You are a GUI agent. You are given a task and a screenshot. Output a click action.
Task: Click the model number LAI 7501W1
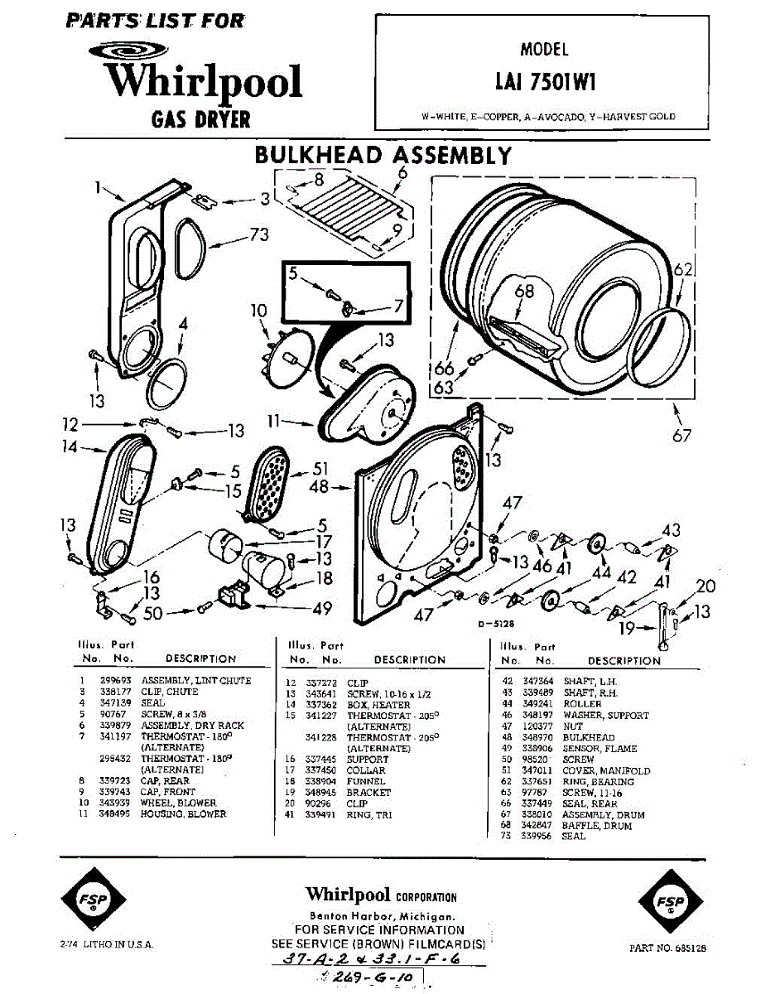(x=546, y=82)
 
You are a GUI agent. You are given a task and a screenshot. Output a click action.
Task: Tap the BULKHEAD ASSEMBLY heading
(x=383, y=155)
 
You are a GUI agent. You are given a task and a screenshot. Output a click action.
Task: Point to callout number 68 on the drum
(x=524, y=292)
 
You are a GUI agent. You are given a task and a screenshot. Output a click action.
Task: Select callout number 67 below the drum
(x=681, y=434)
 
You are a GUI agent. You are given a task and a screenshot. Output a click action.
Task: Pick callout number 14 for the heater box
(x=70, y=447)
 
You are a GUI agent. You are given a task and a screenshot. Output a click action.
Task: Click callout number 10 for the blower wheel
(x=259, y=311)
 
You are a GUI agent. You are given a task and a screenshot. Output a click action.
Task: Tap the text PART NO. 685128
(x=667, y=948)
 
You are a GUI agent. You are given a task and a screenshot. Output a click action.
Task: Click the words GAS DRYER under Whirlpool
(x=200, y=119)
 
